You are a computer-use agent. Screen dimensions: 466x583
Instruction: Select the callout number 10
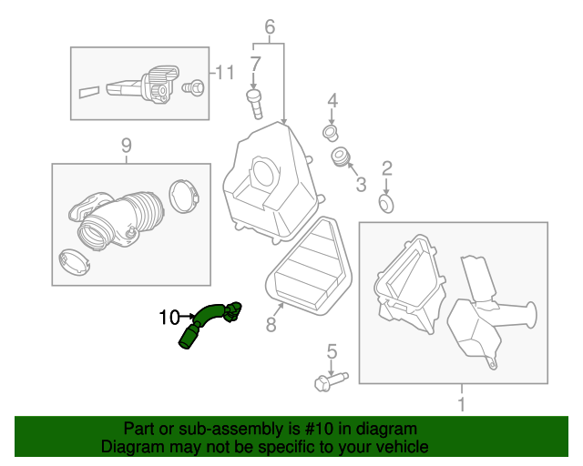(x=169, y=318)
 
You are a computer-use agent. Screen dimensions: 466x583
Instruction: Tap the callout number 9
(x=126, y=145)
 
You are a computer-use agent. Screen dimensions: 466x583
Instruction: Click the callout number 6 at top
(x=270, y=27)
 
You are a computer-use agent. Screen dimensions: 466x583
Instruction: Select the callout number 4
(x=332, y=100)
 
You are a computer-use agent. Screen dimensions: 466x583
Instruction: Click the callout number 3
(x=361, y=185)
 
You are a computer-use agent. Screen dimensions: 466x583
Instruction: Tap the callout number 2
(x=386, y=167)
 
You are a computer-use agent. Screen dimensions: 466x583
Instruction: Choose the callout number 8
(x=271, y=324)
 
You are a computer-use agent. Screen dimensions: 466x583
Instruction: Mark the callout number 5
(x=332, y=350)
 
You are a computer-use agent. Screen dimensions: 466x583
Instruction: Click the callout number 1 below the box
(x=461, y=402)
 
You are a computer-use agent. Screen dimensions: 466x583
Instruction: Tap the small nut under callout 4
(x=330, y=135)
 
